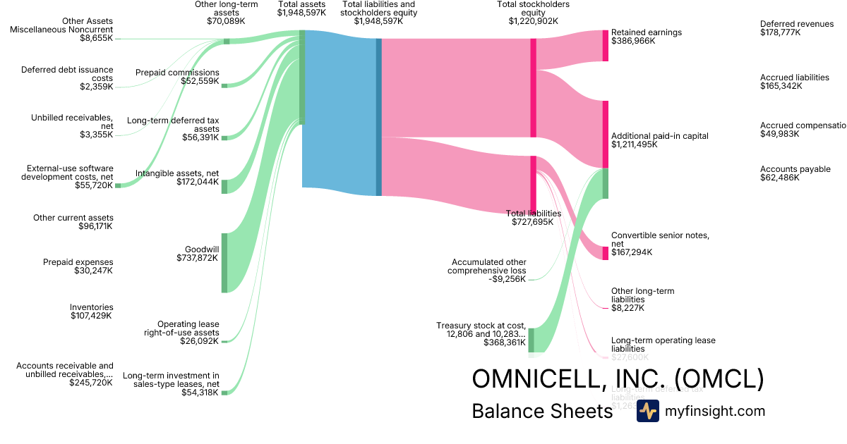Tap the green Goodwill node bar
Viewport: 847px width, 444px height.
click(224, 262)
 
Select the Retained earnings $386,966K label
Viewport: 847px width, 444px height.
click(646, 37)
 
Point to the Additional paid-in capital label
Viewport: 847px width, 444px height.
click(659, 140)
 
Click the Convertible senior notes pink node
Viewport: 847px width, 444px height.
click(605, 253)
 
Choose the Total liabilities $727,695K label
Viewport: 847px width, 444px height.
click(534, 217)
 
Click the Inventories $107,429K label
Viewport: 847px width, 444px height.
click(91, 312)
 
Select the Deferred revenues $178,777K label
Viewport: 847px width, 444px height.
click(797, 28)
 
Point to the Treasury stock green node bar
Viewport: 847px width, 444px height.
click(531, 340)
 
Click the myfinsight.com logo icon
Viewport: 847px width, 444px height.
click(647, 411)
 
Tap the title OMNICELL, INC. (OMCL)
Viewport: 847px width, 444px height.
click(618, 378)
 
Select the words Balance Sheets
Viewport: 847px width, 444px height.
click(542, 411)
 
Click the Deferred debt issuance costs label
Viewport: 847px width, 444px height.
click(66, 78)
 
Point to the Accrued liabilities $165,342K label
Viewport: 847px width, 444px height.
click(794, 82)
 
